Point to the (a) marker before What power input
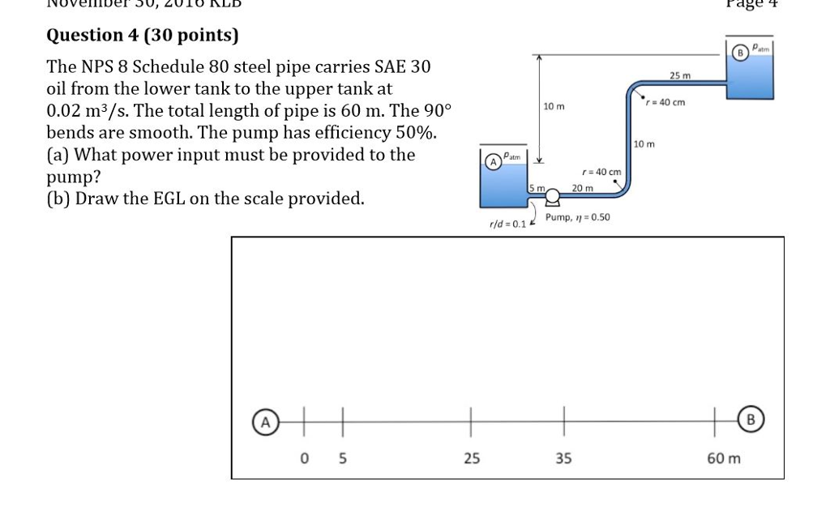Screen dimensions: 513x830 [x=58, y=155]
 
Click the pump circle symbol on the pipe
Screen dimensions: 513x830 [x=553, y=195]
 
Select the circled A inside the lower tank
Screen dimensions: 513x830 [x=491, y=160]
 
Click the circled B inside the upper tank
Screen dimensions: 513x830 [x=738, y=53]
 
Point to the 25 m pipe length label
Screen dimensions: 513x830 [x=680, y=76]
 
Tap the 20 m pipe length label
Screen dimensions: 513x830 [x=582, y=187]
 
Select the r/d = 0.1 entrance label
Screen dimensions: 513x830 [x=507, y=224]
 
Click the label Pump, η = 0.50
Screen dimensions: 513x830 [x=578, y=217]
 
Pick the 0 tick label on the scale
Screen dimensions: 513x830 [x=305, y=459]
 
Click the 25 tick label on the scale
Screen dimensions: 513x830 [x=472, y=459]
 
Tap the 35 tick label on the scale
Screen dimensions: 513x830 [x=563, y=459]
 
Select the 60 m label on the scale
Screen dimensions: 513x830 [x=723, y=459]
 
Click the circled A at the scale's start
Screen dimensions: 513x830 [x=263, y=421]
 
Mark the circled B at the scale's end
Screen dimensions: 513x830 [x=750, y=420]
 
